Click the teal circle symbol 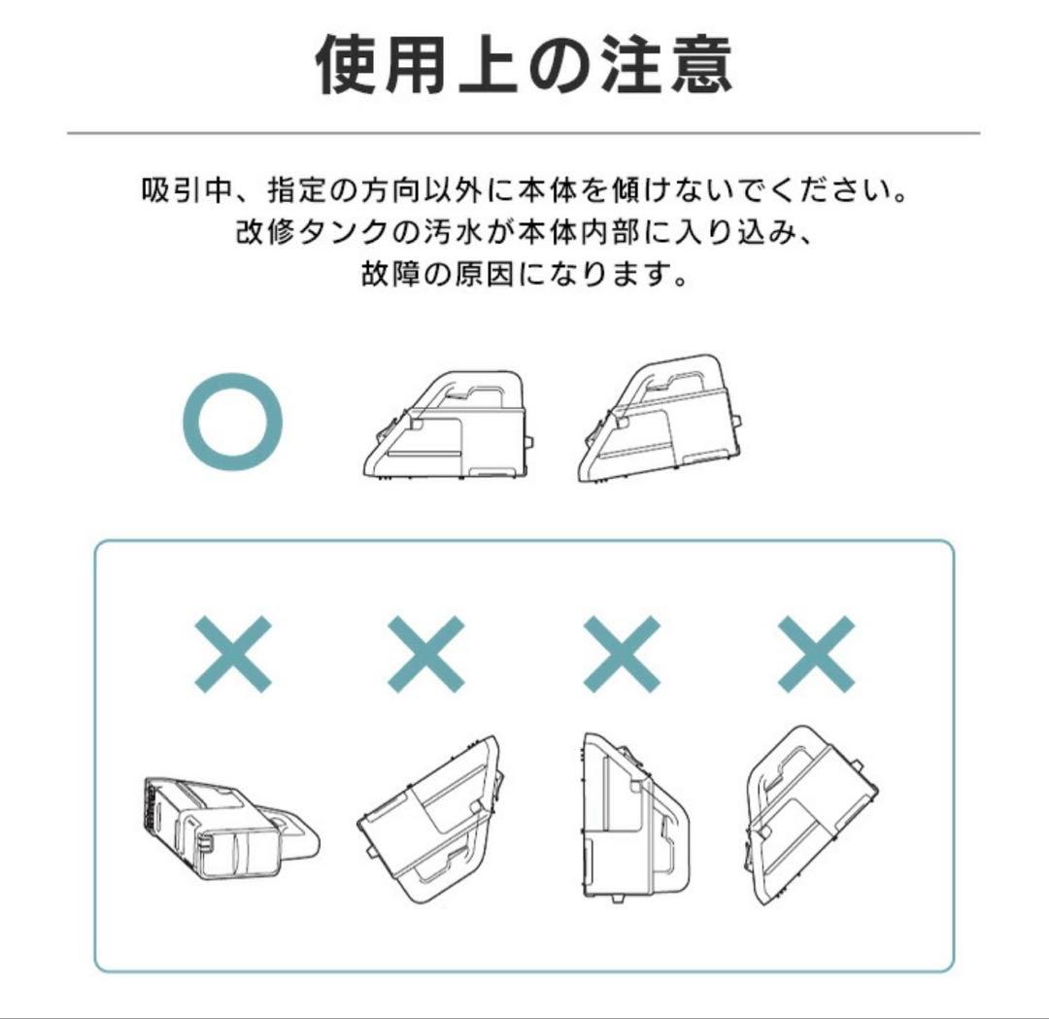click(233, 424)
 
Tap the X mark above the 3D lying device click(233, 652)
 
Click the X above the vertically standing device click(622, 652)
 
